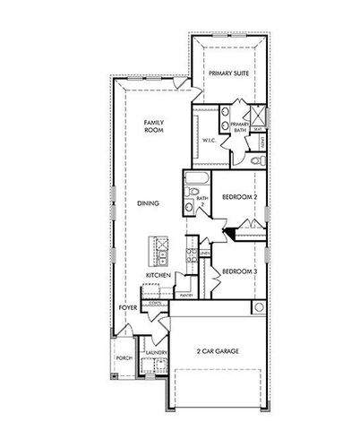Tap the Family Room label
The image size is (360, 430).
(x=156, y=127)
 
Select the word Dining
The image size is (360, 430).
(x=149, y=204)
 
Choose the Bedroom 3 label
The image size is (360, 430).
(x=240, y=271)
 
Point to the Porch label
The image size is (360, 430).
(x=124, y=357)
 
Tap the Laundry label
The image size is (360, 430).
(x=151, y=355)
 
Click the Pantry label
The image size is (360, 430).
(x=186, y=295)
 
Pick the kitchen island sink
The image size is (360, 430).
(x=160, y=243)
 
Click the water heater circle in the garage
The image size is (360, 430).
(x=260, y=307)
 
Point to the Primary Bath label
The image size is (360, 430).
(x=240, y=128)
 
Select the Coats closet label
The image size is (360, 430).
(x=156, y=303)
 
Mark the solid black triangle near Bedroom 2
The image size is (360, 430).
(x=231, y=235)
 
